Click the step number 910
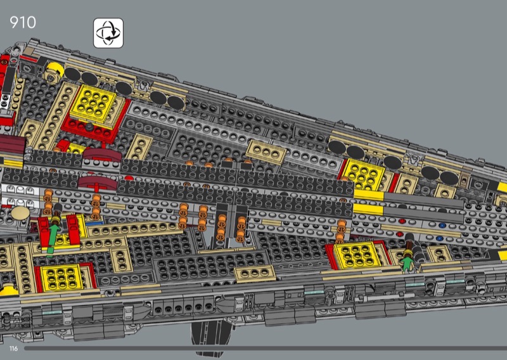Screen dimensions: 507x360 coord(23,22)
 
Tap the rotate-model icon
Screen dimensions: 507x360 coord(108,33)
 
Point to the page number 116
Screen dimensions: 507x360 coord(13,349)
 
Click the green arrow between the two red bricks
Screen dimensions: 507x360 coord(53,239)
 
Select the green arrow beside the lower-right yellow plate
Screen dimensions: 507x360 coord(407,262)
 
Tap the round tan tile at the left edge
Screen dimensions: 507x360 coord(20,213)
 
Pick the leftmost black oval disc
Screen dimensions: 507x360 coord(72,74)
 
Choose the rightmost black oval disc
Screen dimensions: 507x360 coord(449,178)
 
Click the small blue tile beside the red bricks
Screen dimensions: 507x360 coord(94,223)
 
